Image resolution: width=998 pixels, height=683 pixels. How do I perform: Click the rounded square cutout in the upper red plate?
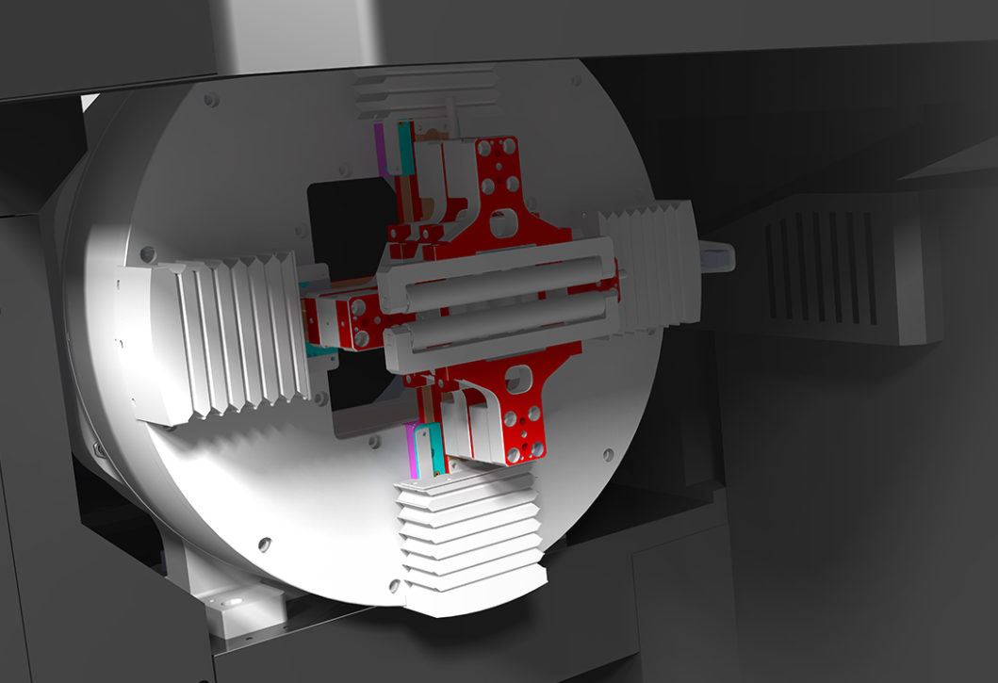[x=500, y=224]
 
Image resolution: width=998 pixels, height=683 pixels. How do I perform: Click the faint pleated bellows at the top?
[x=424, y=93]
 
